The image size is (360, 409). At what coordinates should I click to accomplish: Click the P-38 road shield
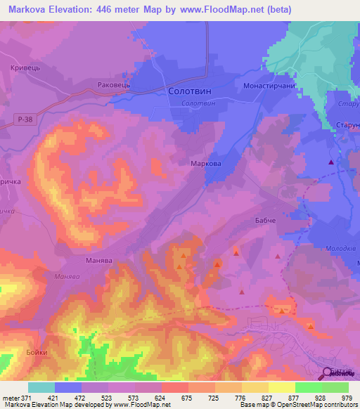pyautogui.click(x=25, y=120)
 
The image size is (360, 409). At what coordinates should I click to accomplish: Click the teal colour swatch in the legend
pyautogui.click(x=41, y=387)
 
